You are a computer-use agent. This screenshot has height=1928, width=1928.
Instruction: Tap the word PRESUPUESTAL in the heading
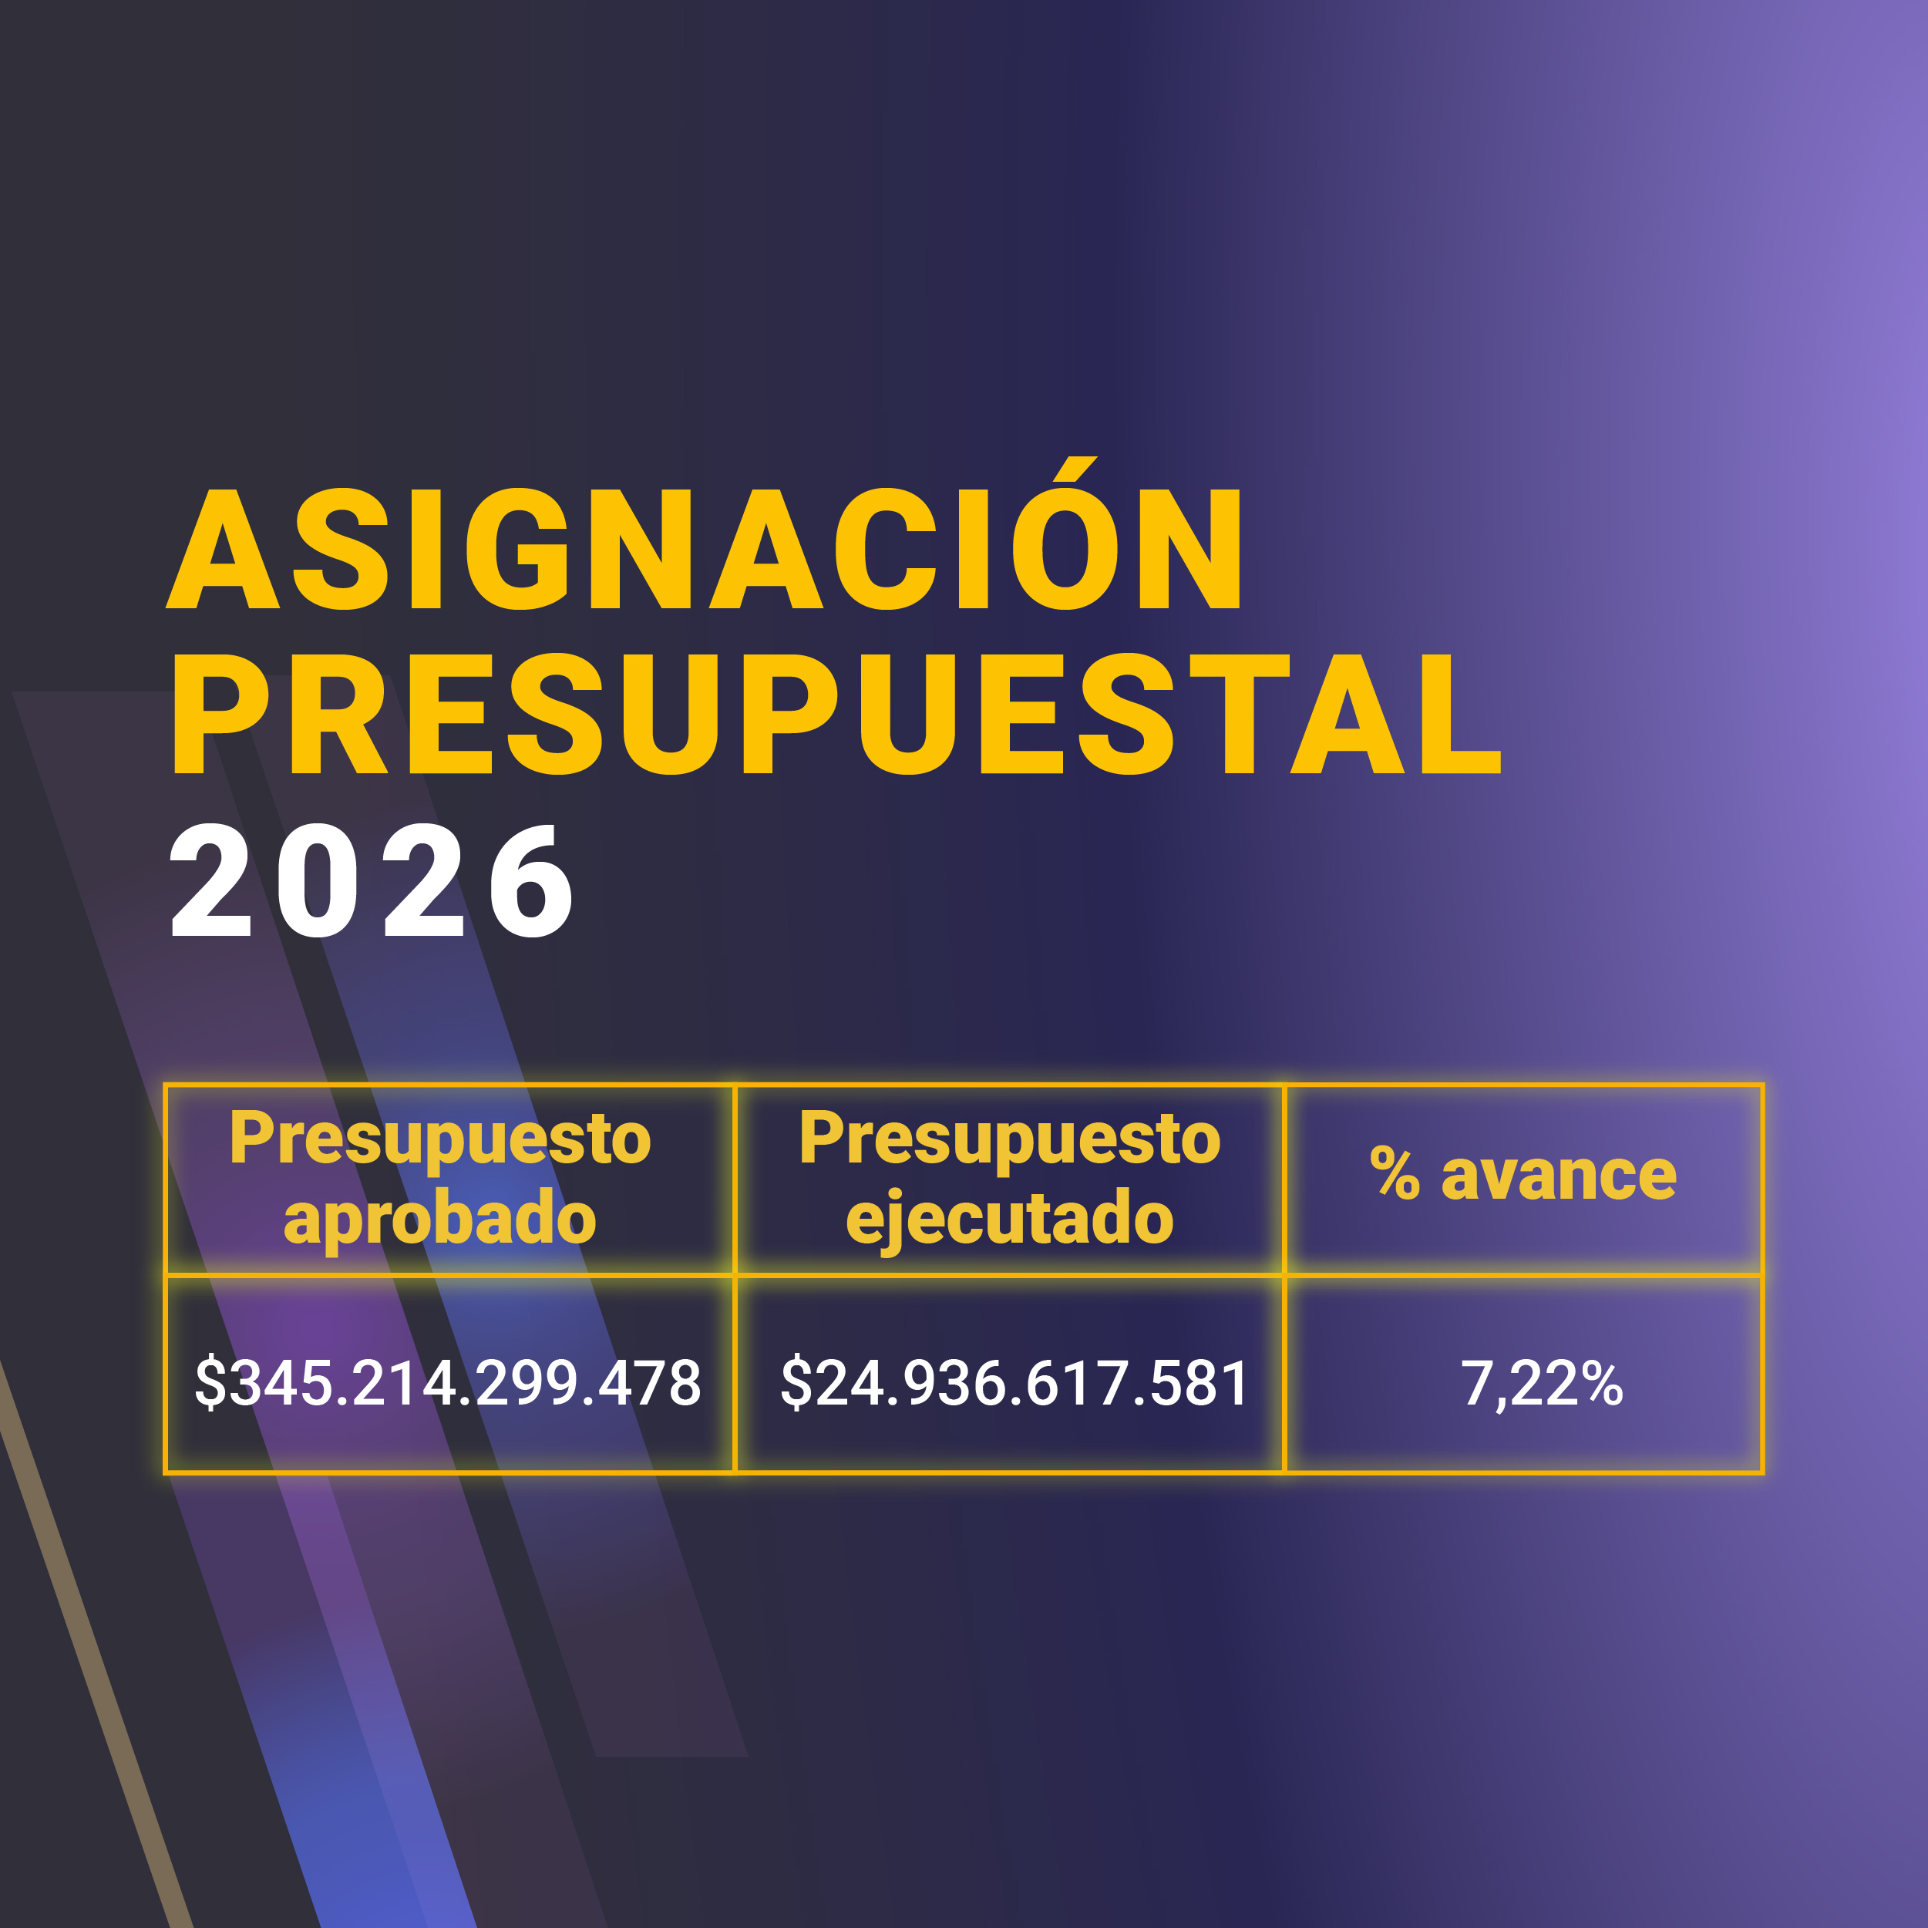[836, 715]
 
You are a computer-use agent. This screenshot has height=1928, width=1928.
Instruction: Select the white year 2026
[372, 881]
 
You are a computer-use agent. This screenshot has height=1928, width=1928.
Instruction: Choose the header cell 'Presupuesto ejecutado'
[1010, 1179]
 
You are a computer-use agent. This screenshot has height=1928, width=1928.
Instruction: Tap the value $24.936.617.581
[1014, 1383]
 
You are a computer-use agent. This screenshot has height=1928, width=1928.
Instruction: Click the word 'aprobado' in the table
[440, 1219]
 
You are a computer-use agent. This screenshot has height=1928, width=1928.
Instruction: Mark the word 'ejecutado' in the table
[1010, 1220]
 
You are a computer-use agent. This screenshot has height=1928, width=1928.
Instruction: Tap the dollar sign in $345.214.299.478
[210, 1383]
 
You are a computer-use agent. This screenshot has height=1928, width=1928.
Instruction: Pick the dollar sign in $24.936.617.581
[796, 1383]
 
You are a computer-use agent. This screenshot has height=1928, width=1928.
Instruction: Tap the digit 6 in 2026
[531, 881]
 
